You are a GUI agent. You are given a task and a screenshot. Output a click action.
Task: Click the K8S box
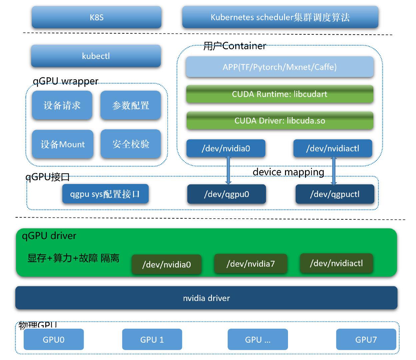coord(96,17)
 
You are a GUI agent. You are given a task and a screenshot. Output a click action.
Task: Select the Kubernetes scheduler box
coord(280,17)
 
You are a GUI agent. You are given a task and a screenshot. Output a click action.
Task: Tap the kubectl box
coord(96,56)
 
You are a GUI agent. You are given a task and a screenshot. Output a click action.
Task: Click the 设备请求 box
coord(62,105)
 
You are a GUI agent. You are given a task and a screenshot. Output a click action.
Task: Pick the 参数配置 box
coord(130,105)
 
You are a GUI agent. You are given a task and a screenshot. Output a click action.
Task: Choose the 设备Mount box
coord(63,144)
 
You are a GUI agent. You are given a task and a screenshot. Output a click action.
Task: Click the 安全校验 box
coord(130,144)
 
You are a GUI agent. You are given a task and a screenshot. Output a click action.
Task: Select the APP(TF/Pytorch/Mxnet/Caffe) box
coord(279,67)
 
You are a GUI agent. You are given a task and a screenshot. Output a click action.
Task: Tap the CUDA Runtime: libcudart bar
coord(279,94)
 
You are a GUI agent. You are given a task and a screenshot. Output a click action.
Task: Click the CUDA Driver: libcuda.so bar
coord(279,121)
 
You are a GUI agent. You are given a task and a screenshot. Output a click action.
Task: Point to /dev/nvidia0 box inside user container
coord(226,148)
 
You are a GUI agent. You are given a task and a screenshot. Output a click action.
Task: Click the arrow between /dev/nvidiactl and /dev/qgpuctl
coord(334,171)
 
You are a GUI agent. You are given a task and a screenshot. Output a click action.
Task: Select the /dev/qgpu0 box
coord(226,194)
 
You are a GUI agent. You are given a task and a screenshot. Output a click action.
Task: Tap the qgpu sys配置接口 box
coord(105,194)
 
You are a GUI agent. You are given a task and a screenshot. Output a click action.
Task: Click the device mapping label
coord(288,172)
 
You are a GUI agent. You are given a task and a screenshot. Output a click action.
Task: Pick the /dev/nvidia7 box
coord(250,264)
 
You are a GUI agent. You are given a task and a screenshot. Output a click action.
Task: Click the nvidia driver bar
coord(206,298)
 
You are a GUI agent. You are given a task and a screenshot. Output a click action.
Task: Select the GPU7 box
coord(366,339)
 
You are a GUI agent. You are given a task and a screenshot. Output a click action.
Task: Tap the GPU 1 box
coord(152,339)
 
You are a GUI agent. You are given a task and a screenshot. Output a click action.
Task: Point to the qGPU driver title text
coord(49,236)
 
